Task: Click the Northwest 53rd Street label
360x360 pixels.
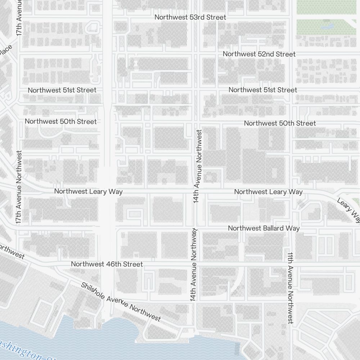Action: [190, 17]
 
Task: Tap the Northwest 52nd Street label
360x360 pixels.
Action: [259, 54]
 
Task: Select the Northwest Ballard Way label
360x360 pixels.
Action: [264, 228]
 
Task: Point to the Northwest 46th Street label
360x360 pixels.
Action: [107, 264]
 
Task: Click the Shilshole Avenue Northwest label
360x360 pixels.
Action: [120, 301]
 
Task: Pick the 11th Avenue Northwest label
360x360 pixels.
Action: [291, 288]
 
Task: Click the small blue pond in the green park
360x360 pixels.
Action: [327, 26]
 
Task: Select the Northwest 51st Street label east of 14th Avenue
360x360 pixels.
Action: [263, 90]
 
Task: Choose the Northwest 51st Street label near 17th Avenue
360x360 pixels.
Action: [62, 90]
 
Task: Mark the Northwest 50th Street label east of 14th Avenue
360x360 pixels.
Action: [280, 123]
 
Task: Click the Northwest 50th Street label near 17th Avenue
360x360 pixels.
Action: [60, 122]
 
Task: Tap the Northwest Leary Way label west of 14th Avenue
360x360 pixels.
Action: [88, 192]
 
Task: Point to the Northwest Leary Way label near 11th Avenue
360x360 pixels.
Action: [268, 192]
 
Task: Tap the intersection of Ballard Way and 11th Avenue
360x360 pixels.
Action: [291, 228]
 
